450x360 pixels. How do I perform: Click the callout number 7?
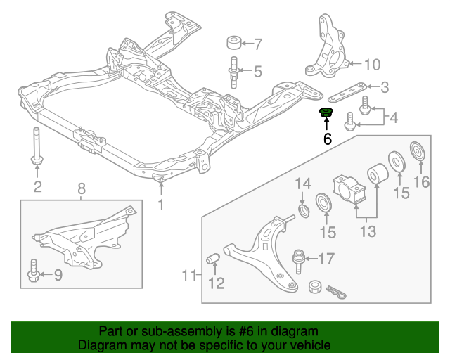click(257, 44)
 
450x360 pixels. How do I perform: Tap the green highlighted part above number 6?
click(326, 114)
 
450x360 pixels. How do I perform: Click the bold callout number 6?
click(327, 139)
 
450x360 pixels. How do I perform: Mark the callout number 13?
click(367, 230)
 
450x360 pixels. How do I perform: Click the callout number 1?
click(160, 205)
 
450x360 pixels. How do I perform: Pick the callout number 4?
click(393, 117)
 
